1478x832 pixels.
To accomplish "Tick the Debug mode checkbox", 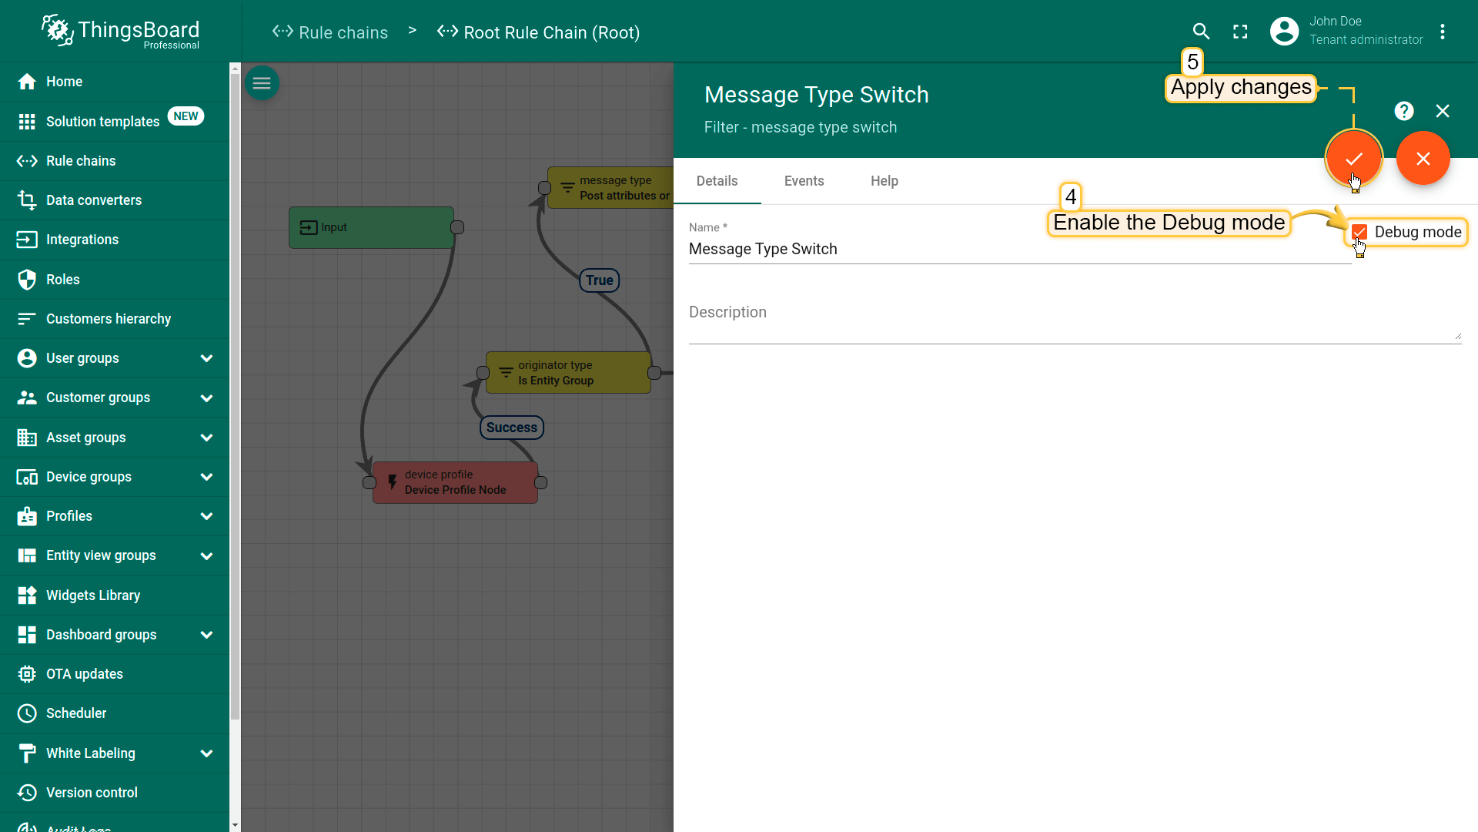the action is (1359, 232).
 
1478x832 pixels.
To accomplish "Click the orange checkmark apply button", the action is (1354, 158).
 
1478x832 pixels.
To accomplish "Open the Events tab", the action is (804, 181).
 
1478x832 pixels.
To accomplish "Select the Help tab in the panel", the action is (884, 181).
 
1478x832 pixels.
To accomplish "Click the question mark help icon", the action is (1404, 111).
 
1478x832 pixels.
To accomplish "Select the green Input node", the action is (371, 227).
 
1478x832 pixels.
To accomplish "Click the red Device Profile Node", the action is (455, 482).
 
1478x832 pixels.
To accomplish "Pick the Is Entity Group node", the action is (568, 373).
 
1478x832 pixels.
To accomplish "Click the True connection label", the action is (600, 280).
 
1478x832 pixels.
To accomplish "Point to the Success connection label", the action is (512, 428).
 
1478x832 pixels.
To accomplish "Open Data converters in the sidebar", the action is (94, 200).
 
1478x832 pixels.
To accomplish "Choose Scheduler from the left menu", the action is (76, 713).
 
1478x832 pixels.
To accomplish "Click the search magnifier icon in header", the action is (1201, 32).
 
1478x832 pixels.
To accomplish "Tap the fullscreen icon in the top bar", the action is (1240, 32).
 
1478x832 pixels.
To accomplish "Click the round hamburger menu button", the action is (262, 83).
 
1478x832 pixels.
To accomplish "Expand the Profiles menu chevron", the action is (206, 516).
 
